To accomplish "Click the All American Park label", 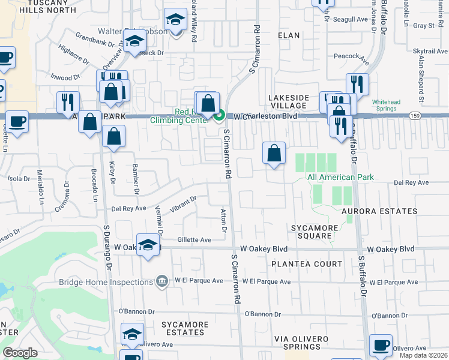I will click(340, 177).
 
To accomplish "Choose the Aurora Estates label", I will click(379, 211).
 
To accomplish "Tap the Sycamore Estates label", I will click(185, 328).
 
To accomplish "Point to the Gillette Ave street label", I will click(194, 239).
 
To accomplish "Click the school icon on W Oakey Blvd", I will click(148, 245).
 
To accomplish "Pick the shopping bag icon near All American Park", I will click(274, 153).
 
